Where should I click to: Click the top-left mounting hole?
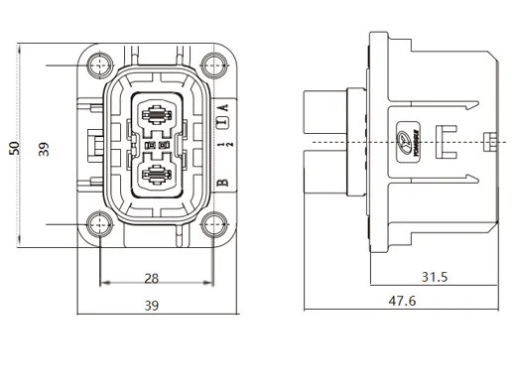pyautogui.click(x=99, y=66)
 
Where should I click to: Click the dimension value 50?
pyautogui.click(x=15, y=146)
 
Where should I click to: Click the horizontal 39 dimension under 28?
pyautogui.click(x=151, y=307)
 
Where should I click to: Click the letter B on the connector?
pyautogui.click(x=223, y=183)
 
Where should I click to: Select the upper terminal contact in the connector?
pyautogui.click(x=157, y=114)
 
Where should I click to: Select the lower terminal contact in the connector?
pyautogui.click(x=157, y=178)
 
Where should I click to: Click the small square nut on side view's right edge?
pyautogui.click(x=487, y=143)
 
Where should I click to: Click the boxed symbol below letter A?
pyautogui.click(x=223, y=124)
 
